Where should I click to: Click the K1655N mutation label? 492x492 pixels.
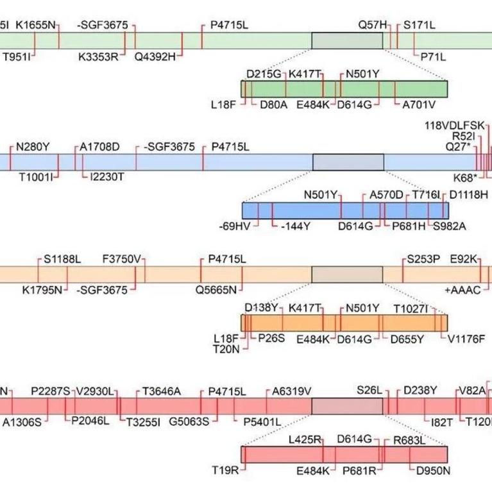coord(36,26)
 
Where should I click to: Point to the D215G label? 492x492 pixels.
coord(264,74)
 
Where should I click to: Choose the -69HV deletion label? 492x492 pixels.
coord(235,226)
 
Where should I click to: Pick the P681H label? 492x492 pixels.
coord(409,226)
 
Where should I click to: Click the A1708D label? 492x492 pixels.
coord(99,147)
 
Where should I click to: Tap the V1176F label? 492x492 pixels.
coord(466,339)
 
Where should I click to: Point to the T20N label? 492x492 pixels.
coord(226,349)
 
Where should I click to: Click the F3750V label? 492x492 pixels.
coord(122,259)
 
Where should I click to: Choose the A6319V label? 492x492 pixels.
coord(292,391)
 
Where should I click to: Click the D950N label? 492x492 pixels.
coord(433,471)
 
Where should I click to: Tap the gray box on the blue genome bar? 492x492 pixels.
coord(348,162)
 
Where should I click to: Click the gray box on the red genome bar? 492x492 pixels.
coord(347,406)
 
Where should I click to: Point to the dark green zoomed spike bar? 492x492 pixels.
coord(344,89)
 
